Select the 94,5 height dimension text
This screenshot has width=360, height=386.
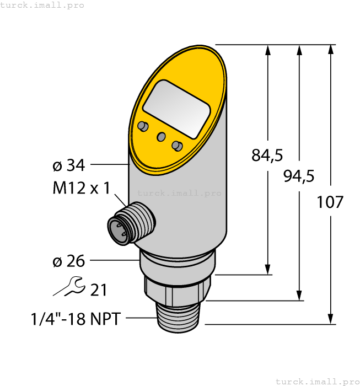pyautogui.click(x=298, y=176)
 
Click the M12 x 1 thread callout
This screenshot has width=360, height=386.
pyautogui.click(x=81, y=189)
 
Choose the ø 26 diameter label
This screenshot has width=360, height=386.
pyautogui.click(x=68, y=261)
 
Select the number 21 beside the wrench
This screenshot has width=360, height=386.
pyautogui.click(x=98, y=290)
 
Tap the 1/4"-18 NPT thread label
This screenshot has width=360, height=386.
pyautogui.click(x=75, y=319)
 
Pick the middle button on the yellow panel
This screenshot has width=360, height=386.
pyautogui.click(x=161, y=136)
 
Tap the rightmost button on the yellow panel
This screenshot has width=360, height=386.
pyautogui.click(x=176, y=146)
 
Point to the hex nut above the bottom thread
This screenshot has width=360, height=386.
pyautogui.click(x=178, y=289)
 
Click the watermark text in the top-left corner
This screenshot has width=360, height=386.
pyautogui.click(x=42, y=6)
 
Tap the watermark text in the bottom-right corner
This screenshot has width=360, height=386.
pyautogui.click(x=316, y=381)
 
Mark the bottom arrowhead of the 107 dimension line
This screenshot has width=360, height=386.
pyautogui.click(x=330, y=319)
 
